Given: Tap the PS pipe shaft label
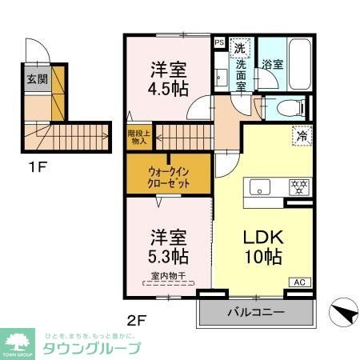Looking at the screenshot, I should [219, 43].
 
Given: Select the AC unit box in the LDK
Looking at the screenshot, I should [298, 282].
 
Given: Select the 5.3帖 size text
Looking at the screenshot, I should [169, 258].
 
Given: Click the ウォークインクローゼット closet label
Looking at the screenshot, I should [169, 176].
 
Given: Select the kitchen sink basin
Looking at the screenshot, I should [261, 187].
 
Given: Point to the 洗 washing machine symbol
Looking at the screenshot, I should [239, 47].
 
